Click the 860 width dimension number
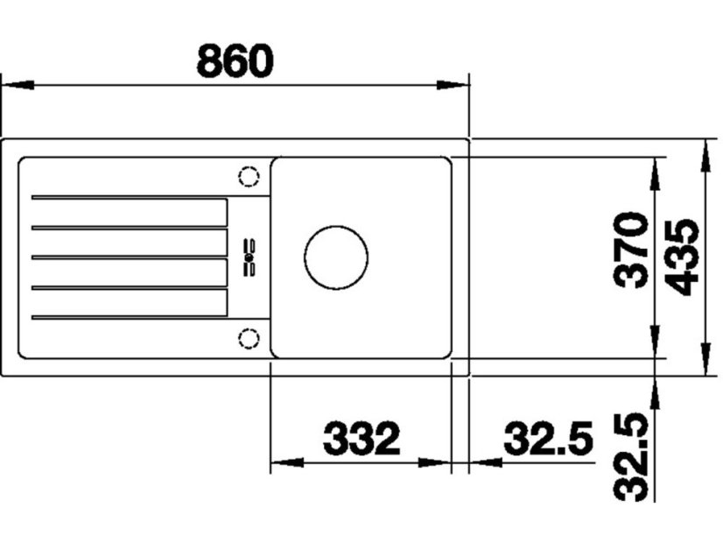(x=235, y=60)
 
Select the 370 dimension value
(x=631, y=250)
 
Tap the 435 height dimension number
(x=681, y=256)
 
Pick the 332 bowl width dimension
(x=361, y=438)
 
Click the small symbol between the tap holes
(x=249, y=257)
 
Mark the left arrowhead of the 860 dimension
(x=18, y=85)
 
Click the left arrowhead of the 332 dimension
(x=285, y=462)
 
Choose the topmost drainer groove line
(x=129, y=198)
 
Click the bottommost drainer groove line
(x=129, y=316)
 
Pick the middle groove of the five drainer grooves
(x=129, y=257)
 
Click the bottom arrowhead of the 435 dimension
(x=706, y=359)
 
